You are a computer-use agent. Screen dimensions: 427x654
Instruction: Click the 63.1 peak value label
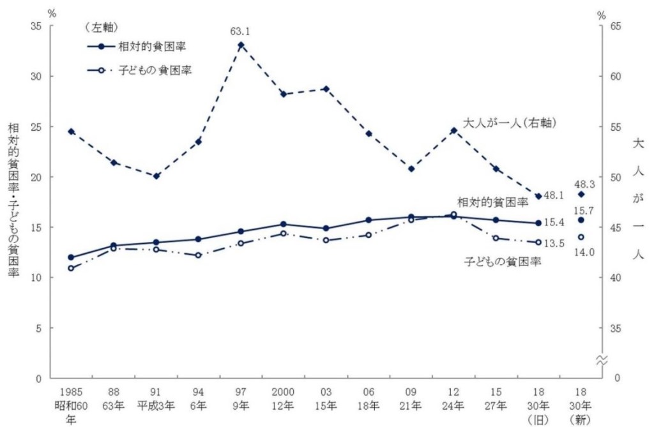(x=240, y=29)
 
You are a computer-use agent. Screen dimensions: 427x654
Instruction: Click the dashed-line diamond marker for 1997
(x=241, y=45)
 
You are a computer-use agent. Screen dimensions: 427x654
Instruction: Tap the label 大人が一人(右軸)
(x=508, y=123)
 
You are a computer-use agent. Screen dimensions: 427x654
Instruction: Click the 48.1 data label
(x=554, y=196)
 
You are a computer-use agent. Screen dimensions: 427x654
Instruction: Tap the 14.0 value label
(x=584, y=252)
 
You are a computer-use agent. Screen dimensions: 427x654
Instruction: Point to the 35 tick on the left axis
(x=36, y=26)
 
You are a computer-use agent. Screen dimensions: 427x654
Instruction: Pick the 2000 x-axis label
(x=283, y=391)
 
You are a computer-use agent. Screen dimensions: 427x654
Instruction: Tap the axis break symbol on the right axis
(x=600, y=361)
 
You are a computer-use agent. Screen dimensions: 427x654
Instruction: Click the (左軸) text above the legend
(x=103, y=26)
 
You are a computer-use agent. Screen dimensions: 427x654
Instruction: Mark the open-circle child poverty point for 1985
(x=71, y=268)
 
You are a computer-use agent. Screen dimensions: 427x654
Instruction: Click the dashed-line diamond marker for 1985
(x=71, y=131)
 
